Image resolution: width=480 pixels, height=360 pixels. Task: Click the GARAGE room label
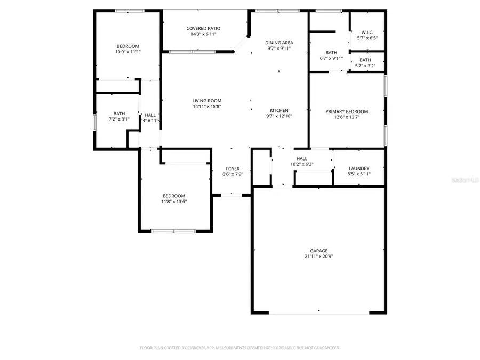[x=319, y=251]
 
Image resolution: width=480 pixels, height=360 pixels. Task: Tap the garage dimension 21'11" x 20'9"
[x=319, y=257]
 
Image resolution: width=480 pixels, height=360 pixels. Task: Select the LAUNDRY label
[x=358, y=169]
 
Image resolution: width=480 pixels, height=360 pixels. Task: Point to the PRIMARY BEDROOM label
[x=347, y=111]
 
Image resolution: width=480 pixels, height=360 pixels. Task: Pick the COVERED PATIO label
[x=203, y=28]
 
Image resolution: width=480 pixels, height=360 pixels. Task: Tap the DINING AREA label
[x=279, y=43]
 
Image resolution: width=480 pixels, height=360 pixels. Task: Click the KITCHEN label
[x=279, y=110]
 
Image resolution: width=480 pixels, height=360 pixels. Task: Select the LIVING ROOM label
[x=207, y=100]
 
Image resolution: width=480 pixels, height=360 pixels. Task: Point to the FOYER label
[x=233, y=169]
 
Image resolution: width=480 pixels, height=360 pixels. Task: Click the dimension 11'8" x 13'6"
[x=174, y=202]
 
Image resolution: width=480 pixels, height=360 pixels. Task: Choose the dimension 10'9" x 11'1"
[x=127, y=52]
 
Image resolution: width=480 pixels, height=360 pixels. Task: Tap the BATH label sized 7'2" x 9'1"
[x=119, y=113]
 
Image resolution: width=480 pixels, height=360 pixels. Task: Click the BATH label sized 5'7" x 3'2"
[x=365, y=60]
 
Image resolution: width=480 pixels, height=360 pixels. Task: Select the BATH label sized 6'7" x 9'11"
[x=331, y=52]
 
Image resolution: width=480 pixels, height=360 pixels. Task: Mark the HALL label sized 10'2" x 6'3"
[x=302, y=158]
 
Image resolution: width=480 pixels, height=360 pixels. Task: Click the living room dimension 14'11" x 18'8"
[x=207, y=106]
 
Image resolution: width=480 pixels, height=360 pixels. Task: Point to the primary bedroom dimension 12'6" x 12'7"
[x=347, y=117]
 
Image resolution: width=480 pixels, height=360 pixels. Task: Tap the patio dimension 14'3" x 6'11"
[x=203, y=34]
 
